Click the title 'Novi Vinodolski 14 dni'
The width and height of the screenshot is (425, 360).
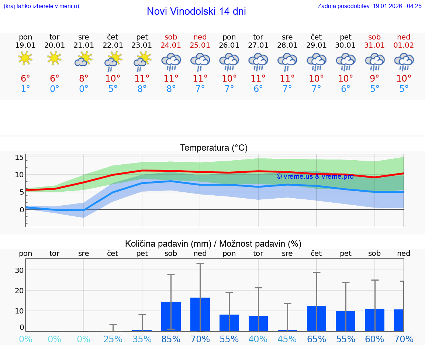[x=196, y=11]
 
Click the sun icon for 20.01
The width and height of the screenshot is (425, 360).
[x=55, y=58]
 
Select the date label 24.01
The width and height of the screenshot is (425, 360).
[x=171, y=45]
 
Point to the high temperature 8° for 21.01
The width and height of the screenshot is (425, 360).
[x=84, y=78]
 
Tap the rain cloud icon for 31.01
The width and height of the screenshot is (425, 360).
[x=374, y=61]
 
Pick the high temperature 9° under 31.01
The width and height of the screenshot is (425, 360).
[x=374, y=78]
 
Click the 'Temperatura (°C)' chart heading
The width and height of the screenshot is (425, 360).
[x=214, y=148]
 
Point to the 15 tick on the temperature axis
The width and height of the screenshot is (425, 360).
[x=19, y=157]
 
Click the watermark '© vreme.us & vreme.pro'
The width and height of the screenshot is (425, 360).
[x=315, y=176]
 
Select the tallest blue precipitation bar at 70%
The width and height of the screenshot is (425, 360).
[x=200, y=314]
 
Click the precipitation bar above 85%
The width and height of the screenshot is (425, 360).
[x=171, y=316]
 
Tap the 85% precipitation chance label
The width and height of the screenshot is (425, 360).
[x=171, y=339]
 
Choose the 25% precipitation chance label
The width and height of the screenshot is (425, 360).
[x=113, y=339]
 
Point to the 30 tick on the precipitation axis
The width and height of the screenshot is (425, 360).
[x=19, y=270]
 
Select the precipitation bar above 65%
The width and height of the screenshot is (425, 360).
[x=317, y=318]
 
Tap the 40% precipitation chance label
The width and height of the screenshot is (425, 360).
[x=258, y=339]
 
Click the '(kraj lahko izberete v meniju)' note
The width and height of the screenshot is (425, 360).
[x=41, y=6]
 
